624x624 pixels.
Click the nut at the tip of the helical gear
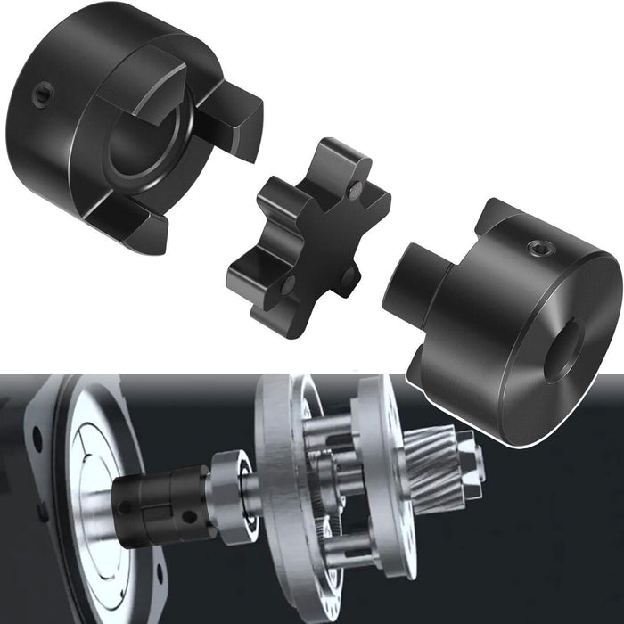(477, 464)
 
